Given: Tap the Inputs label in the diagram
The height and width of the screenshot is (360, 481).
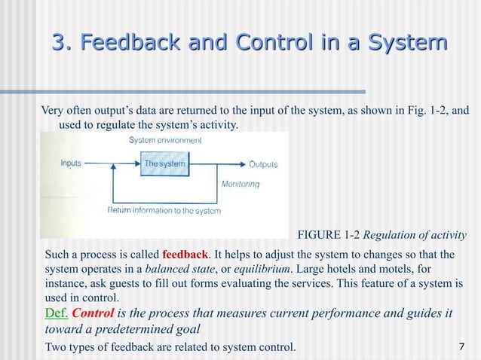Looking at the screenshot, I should [x=71, y=163].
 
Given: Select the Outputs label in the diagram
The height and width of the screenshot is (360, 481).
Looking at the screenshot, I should [x=263, y=164].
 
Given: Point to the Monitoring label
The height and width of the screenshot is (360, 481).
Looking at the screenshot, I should [x=240, y=184].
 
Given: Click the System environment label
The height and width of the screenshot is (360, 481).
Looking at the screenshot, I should [x=165, y=141].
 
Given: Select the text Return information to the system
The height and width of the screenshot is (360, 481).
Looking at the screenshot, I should [x=164, y=210].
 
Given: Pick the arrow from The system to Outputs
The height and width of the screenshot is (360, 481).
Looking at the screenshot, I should [x=219, y=164].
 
